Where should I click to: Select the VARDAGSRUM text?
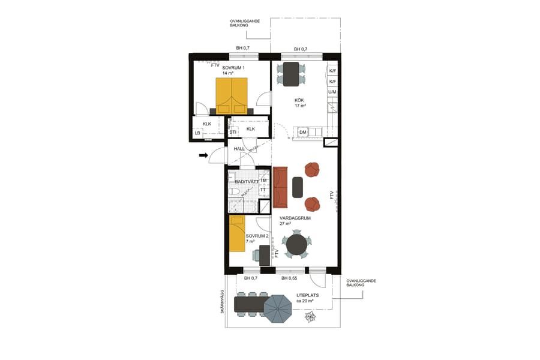click(295, 218)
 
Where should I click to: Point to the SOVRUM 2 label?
click(257, 236)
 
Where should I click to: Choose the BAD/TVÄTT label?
click(247, 181)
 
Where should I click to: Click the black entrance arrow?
click(203, 156)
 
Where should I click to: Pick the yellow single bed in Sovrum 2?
click(237, 235)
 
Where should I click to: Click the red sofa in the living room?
click(280, 187)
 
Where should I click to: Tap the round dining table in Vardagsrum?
click(296, 244)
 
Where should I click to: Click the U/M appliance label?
click(332, 92)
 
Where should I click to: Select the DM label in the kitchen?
click(303, 132)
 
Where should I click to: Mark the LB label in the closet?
click(197, 133)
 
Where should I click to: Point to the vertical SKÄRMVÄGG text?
click(221, 302)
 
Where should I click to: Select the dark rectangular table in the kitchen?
click(291, 73)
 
